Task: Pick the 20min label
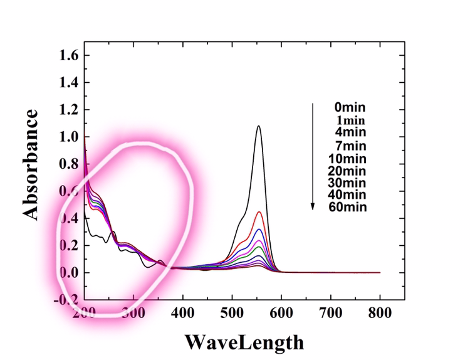pos(348,171)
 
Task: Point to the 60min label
pos(348,207)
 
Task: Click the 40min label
pos(348,195)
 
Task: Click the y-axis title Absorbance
pos(31,164)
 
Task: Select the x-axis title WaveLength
pos(244,342)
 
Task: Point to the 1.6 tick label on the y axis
pos(68,55)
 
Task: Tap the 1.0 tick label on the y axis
pos(68,137)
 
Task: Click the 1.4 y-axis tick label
pos(68,82)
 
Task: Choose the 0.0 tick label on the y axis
pos(68,273)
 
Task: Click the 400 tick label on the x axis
pos(183,312)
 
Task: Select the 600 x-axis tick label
pos(281,312)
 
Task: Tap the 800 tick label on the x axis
pos(380,312)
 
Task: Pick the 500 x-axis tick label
pos(232,312)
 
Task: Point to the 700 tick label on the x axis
pos(331,312)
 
